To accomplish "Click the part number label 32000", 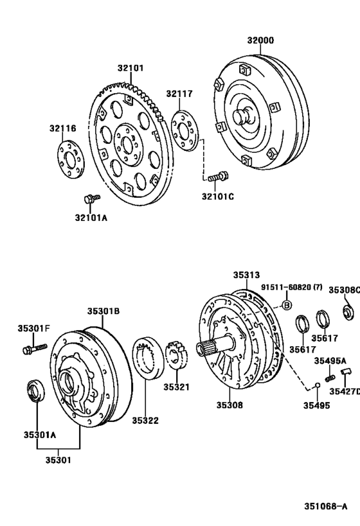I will (260, 40).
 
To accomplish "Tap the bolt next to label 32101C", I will (218, 174).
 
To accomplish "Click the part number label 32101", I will (130, 67).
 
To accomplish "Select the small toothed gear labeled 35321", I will (175, 356).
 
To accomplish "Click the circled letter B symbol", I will (287, 304).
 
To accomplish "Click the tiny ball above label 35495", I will (316, 386).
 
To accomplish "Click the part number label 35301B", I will (104, 311).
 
